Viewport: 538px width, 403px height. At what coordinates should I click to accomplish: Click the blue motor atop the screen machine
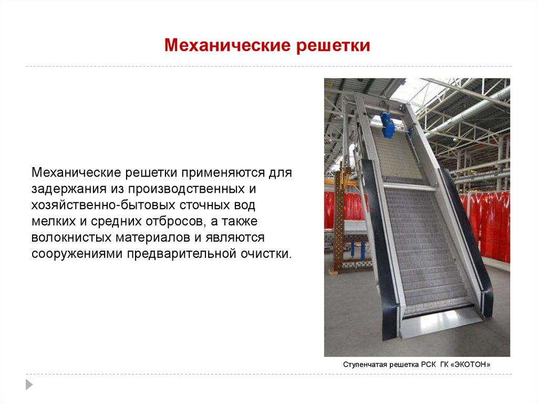388,124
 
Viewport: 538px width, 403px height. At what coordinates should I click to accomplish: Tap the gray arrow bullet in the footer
29,384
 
